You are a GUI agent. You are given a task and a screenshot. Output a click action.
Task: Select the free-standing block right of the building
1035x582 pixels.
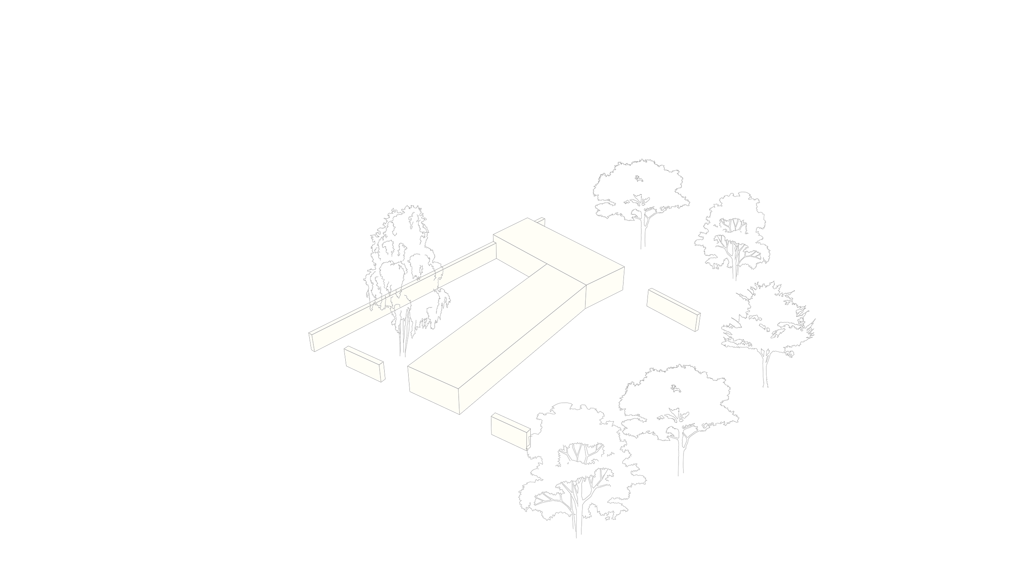(x=671, y=308)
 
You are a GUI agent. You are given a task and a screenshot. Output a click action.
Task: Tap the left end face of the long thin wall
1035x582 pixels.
(x=312, y=341)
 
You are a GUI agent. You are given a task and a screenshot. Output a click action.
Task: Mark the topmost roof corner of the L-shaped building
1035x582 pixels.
(x=527, y=218)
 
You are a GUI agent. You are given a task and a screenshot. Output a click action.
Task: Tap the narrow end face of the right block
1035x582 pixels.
(x=698, y=322)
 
